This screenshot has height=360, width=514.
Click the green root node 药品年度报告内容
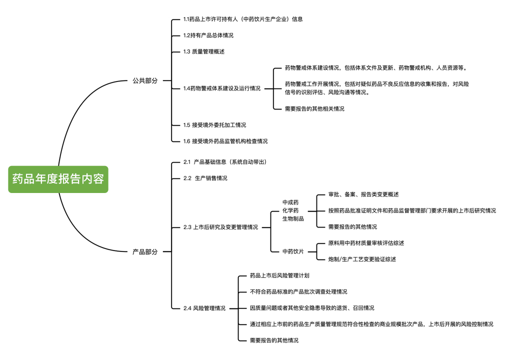click(x=58, y=179)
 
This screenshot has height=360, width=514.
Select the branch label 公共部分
click(x=145, y=80)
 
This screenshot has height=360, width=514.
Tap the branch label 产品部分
click(x=145, y=252)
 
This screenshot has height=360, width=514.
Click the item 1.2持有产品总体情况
click(x=208, y=35)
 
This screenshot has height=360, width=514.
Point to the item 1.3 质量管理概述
click(x=204, y=51)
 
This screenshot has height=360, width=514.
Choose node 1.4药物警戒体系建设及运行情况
click(x=221, y=88)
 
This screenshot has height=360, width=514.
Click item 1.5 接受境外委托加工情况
click(x=214, y=125)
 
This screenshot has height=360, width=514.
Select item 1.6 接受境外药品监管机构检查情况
click(x=225, y=141)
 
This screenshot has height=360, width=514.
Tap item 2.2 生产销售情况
click(x=205, y=178)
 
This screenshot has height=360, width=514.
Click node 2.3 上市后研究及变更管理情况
click(x=220, y=227)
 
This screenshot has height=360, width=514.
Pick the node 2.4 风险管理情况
click(x=204, y=308)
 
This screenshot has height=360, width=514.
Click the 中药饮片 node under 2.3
click(x=293, y=251)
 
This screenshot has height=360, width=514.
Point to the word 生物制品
click(x=293, y=218)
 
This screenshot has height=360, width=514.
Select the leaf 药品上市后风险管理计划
click(x=279, y=275)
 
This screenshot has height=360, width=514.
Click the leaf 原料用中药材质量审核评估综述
click(x=366, y=243)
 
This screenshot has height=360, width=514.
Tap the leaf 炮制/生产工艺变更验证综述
click(x=362, y=259)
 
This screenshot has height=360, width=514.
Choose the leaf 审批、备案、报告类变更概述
click(x=363, y=194)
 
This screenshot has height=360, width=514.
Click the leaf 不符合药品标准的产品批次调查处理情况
click(x=298, y=291)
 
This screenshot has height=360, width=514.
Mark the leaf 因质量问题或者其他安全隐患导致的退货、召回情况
click(x=312, y=308)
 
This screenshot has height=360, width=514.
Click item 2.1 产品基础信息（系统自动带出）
click(x=225, y=162)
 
